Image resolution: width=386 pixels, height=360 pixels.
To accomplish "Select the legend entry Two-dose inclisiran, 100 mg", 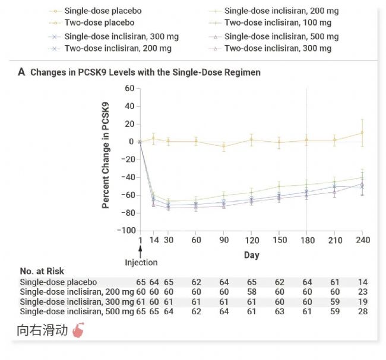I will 278,23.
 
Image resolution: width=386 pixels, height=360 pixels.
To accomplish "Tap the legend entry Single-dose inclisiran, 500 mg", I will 278,36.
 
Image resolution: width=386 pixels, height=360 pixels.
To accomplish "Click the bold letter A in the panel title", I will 22,72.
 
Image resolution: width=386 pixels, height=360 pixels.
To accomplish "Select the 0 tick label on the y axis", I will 132,141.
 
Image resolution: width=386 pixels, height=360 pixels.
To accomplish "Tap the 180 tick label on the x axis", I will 306,240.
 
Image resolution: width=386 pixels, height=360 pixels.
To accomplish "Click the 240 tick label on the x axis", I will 362,240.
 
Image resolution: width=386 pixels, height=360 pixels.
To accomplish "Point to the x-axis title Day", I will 251,254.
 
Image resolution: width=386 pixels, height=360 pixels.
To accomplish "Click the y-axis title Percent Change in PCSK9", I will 106,155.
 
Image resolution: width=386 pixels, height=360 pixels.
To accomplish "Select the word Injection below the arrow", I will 141,262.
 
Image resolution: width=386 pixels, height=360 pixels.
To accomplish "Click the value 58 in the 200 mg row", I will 251,292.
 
